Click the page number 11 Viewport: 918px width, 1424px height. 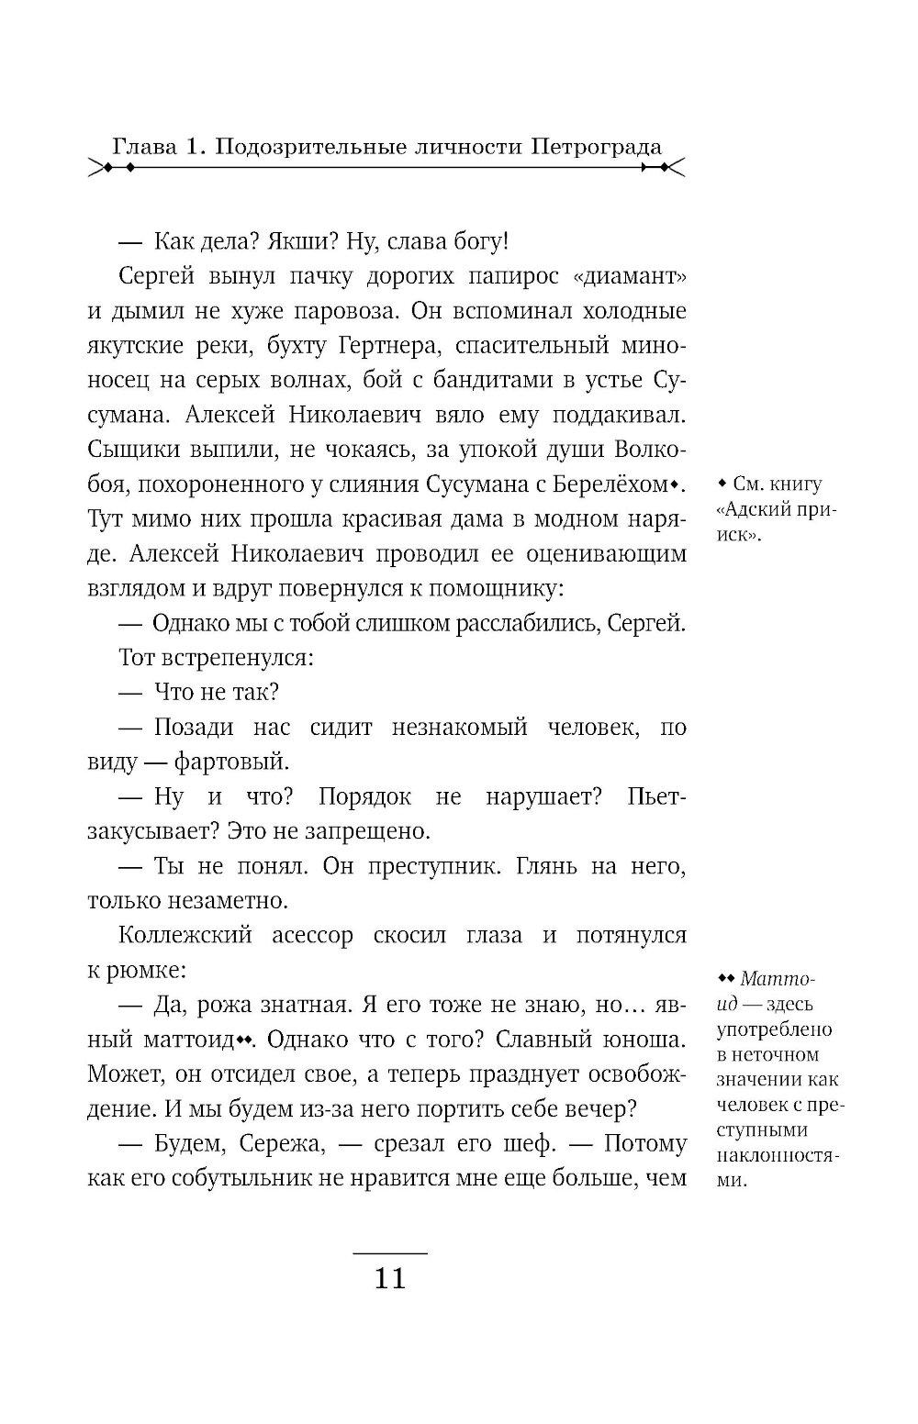point(390,1278)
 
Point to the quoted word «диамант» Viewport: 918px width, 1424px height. point(633,277)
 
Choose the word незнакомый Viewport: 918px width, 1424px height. point(459,728)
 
